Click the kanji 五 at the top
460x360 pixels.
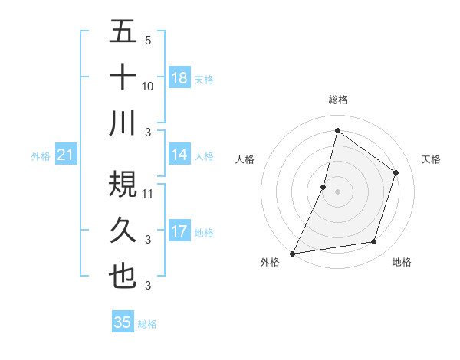[x=123, y=32]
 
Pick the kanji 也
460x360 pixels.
[x=123, y=275]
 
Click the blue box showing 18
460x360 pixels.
[x=179, y=78]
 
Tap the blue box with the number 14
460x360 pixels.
[x=179, y=155]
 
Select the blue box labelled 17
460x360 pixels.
[x=179, y=231]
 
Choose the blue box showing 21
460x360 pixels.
[x=66, y=155]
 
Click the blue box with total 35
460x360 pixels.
[x=123, y=322]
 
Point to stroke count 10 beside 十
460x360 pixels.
[x=148, y=87]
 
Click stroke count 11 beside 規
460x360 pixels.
[x=148, y=194]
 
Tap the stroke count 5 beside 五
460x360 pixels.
[x=148, y=41]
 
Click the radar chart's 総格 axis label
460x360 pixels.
[x=337, y=100]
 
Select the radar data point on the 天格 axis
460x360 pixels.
[x=396, y=172]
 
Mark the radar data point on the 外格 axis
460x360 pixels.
[x=292, y=254]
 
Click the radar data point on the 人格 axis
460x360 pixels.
[x=324, y=187]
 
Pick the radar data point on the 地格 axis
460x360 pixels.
[x=374, y=242]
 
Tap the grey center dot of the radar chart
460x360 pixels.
[x=337, y=191]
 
